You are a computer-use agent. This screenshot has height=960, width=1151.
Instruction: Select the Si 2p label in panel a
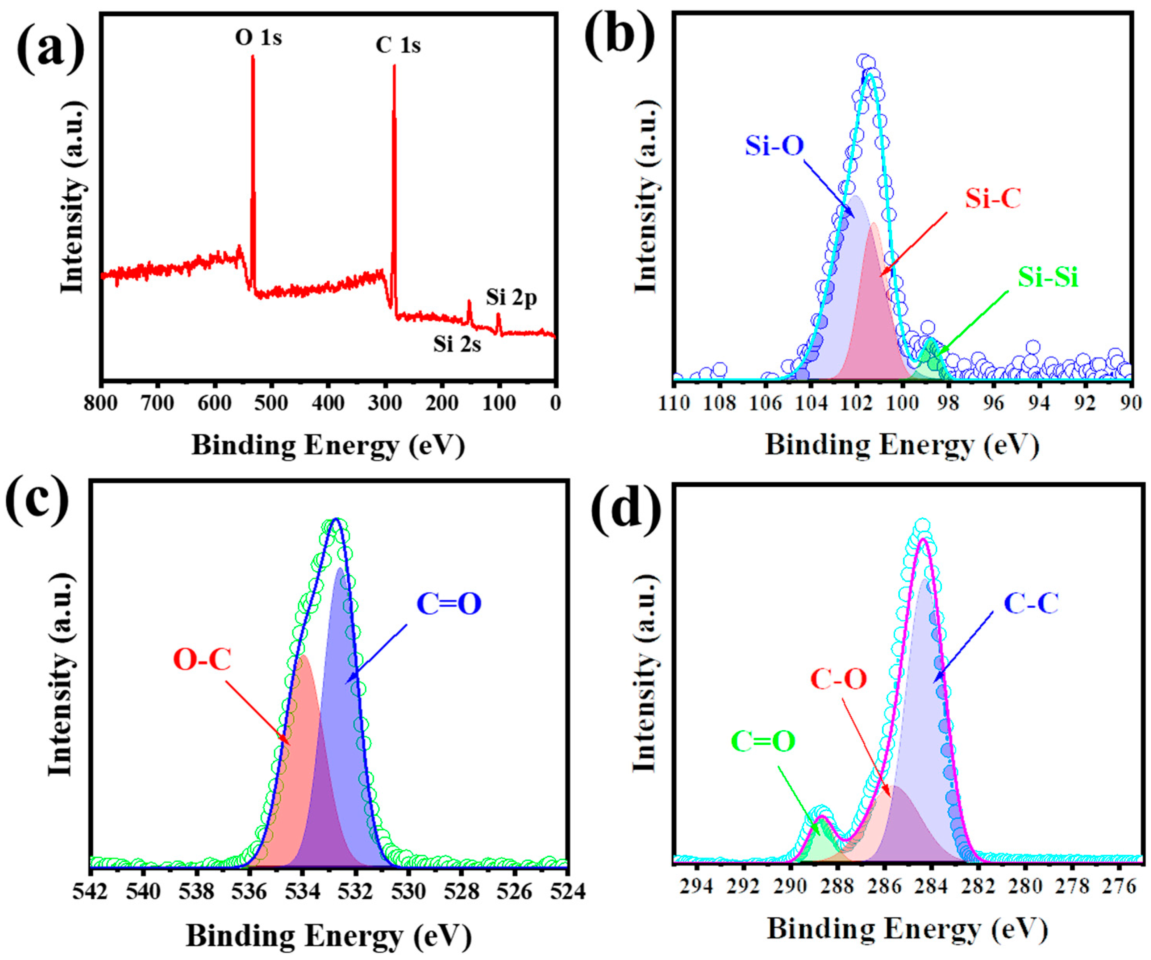tap(511, 298)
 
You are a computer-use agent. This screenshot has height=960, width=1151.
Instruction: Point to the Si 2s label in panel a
tap(457, 344)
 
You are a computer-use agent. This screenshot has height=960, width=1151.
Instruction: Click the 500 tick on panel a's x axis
tap(271, 404)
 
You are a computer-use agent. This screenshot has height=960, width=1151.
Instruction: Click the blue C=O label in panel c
tap(448, 604)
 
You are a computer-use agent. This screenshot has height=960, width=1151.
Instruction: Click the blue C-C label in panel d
tap(1030, 603)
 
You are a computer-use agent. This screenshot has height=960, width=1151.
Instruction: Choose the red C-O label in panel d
tap(838, 680)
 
